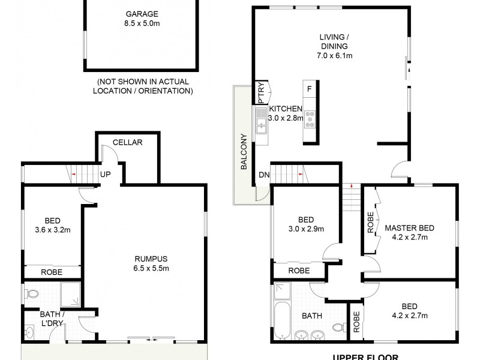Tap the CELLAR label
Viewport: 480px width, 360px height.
click(x=127, y=142)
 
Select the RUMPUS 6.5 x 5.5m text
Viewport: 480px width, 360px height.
click(x=151, y=265)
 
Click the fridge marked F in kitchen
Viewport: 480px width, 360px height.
click(x=309, y=89)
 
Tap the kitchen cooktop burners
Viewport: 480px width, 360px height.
click(x=310, y=118)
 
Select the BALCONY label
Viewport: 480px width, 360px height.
click(x=244, y=153)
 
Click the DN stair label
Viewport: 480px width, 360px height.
click(x=263, y=175)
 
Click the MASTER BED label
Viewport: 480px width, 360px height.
click(x=409, y=228)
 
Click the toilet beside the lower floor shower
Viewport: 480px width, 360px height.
click(x=33, y=294)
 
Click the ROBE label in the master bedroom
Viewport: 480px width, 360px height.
click(x=371, y=223)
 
